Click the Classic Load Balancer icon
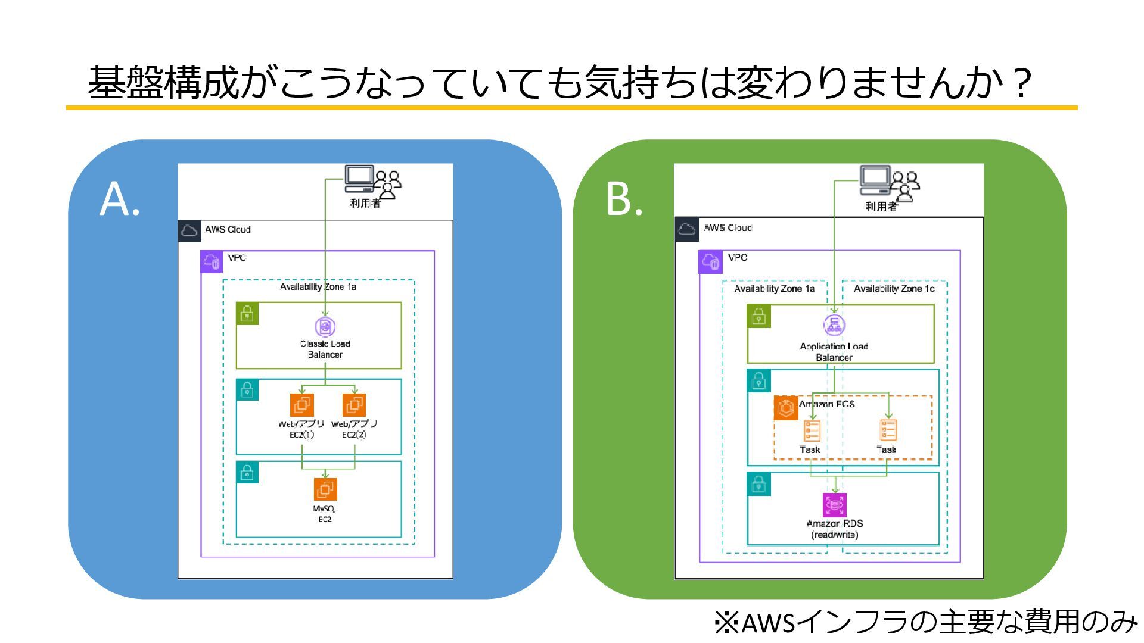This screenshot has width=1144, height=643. pos(325,326)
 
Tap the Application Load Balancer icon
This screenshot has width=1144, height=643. pos(834,325)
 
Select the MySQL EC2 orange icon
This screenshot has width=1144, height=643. pos(325,489)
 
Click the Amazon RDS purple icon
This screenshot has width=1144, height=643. pos(835,505)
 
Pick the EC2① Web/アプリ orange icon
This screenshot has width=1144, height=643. pos(302,405)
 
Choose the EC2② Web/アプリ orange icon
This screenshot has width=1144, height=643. pos(355,405)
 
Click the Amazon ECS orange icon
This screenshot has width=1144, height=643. pos(786,408)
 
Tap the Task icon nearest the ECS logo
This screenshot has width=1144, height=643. pos(812,430)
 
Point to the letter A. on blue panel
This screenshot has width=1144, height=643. pos(120,199)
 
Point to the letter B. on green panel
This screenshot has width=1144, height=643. pos(624,198)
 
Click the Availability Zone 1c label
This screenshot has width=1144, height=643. pos(894,289)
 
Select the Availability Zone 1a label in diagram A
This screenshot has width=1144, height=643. pos(318,287)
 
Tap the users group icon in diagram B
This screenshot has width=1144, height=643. pos(904,187)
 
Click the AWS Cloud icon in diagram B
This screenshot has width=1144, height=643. pos(686,229)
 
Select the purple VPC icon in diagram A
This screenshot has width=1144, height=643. pos(212,261)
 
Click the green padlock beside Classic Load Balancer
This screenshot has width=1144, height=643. pos(247,313)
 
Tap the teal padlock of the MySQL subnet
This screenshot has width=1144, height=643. pos(247,473)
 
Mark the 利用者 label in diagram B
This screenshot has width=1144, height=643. pos(881,207)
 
